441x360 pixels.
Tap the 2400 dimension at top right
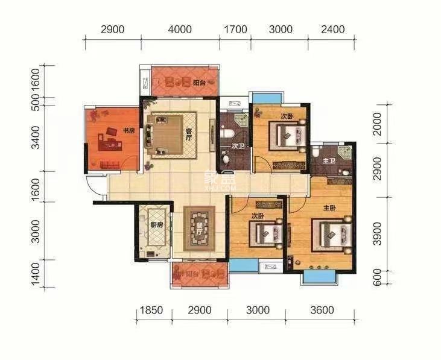332,29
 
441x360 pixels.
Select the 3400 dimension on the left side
36,137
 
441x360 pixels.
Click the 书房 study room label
128,130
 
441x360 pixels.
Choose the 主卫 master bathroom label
328,160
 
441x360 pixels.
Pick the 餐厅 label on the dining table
199,227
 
